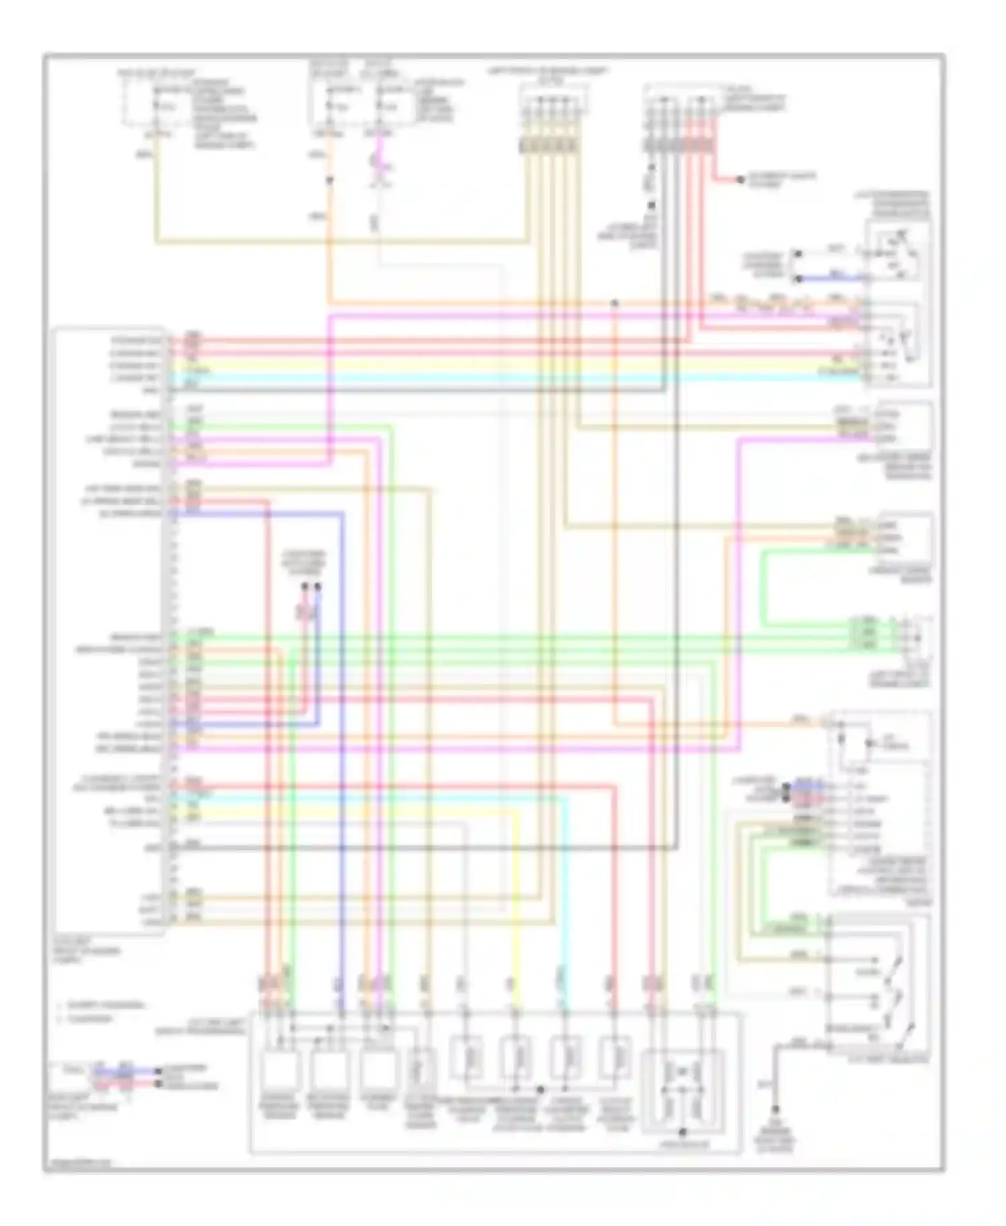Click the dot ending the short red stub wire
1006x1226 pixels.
[740, 180]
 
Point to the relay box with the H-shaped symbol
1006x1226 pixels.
[682, 1085]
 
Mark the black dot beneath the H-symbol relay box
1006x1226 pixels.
[682, 1133]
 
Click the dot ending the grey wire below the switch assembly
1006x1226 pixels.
[775, 1110]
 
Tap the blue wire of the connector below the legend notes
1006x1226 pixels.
[124, 1071]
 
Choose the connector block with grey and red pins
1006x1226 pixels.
[681, 145]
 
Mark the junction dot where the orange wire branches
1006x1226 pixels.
[614, 303]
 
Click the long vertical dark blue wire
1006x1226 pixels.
[342, 738]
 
